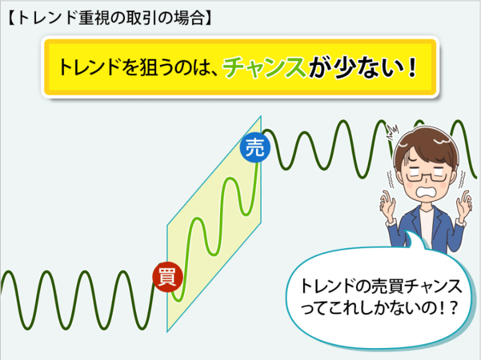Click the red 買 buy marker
[168, 277]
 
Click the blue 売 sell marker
[255, 147]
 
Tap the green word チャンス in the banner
[264, 67]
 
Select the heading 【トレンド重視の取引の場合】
[109, 18]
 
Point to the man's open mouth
[427, 193]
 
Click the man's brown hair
[426, 145]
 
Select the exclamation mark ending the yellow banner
[412, 67]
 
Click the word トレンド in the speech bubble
[326, 287]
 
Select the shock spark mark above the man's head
[393, 132]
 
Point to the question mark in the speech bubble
[453, 307]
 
